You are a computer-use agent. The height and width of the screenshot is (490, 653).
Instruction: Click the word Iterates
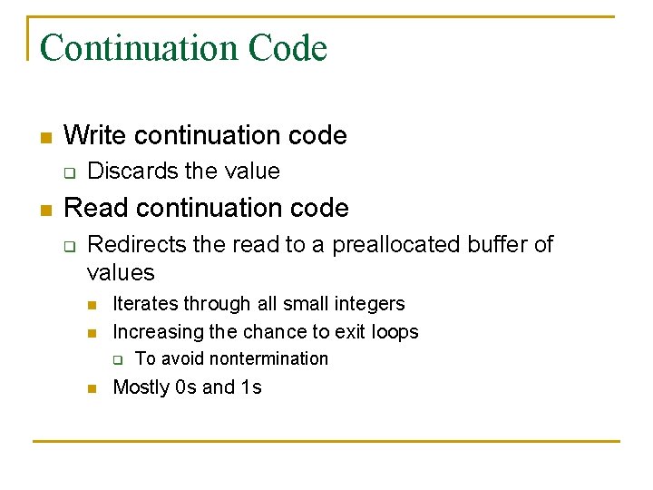point(145,304)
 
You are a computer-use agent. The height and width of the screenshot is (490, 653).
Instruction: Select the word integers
point(367,304)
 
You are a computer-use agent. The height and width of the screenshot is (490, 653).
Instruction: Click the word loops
point(393,332)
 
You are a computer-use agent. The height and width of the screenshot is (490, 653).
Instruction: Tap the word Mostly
point(141,387)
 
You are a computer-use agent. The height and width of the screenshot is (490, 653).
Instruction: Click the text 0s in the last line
point(186,387)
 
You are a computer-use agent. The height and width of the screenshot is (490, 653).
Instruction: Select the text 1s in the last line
point(251,387)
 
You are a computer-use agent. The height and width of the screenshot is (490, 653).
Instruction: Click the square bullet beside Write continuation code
point(44,138)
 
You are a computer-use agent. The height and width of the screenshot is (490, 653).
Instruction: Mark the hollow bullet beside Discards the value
point(67,172)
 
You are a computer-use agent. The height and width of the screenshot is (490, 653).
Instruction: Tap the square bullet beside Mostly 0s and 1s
point(92,389)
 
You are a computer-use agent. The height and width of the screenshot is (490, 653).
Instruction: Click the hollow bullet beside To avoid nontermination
point(116,360)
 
